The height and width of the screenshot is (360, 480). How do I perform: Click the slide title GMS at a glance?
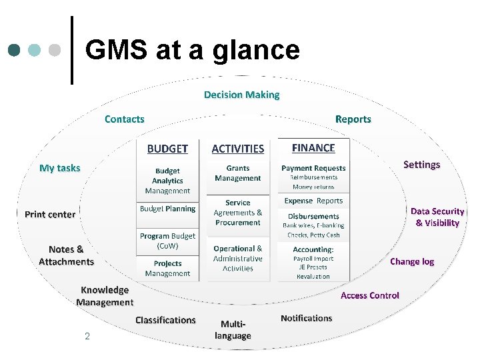tap(193, 50)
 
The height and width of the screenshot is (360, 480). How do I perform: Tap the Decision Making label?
tap(241, 95)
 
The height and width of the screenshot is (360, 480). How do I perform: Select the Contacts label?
tap(124, 119)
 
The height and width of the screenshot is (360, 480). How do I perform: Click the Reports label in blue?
tap(353, 119)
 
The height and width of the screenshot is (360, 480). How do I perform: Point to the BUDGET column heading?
tap(167, 149)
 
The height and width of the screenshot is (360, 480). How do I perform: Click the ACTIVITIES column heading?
tap(237, 149)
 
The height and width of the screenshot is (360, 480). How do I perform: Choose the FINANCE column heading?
tap(313, 148)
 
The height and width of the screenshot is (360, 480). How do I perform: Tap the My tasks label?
tap(59, 168)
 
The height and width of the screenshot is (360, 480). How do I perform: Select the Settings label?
tap(421, 165)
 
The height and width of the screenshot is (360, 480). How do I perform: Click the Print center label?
tap(50, 215)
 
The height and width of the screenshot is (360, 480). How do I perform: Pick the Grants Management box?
tap(238, 173)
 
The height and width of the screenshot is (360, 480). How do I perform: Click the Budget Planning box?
tap(167, 209)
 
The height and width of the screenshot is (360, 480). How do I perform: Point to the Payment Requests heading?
tap(313, 168)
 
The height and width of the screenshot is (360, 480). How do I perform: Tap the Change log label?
tap(411, 261)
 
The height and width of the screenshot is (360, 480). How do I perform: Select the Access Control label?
tap(370, 295)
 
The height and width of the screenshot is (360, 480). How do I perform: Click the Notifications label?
tap(306, 318)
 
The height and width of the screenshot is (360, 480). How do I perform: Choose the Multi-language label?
tap(233, 330)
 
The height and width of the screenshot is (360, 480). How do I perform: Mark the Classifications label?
tap(165, 320)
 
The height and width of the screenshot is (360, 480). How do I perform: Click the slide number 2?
tap(87, 336)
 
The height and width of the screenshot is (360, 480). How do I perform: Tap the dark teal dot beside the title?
tap(15, 50)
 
